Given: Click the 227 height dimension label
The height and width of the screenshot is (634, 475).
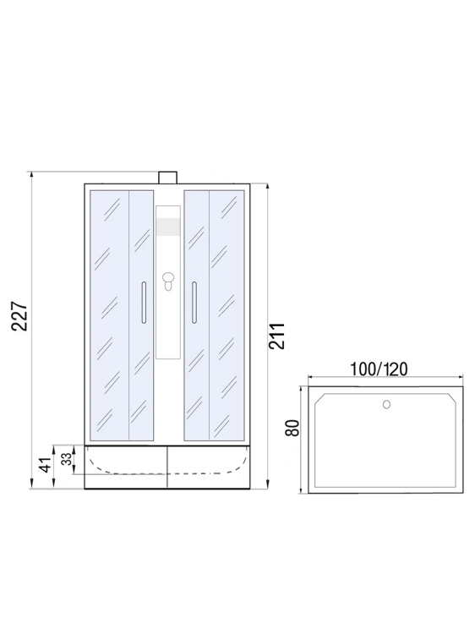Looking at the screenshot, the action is click(19, 316).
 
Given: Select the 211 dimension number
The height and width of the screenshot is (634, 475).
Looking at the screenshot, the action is click(278, 336).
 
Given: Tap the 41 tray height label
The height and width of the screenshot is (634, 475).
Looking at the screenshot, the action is click(46, 465).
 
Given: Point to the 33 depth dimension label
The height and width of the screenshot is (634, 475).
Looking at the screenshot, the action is click(67, 458).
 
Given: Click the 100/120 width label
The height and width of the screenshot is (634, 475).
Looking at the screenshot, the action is click(379, 369).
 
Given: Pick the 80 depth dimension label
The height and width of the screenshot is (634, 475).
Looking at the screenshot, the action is click(292, 428).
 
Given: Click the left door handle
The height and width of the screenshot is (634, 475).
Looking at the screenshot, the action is click(144, 302).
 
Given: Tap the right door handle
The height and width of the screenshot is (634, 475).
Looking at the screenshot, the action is click(194, 302).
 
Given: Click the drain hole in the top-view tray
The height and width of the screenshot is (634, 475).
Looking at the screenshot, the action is click(386, 404).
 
